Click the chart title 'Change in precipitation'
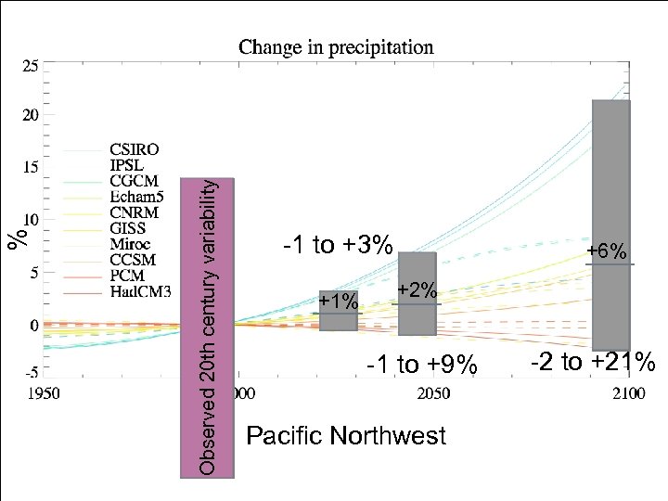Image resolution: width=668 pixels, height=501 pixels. pyautogui.click(x=336, y=46)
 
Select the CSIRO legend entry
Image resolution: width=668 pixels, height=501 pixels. pyautogui.click(x=134, y=149)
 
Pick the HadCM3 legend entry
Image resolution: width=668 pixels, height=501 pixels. pyautogui.click(x=140, y=293)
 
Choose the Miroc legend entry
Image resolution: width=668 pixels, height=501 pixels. pyautogui.click(x=132, y=245)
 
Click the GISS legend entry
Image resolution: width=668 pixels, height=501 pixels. pyautogui.click(x=129, y=229)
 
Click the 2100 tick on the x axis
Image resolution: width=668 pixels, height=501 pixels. pyautogui.click(x=628, y=393)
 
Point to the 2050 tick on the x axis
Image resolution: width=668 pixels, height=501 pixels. pyautogui.click(x=433, y=393)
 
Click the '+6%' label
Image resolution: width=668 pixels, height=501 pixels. pyautogui.click(x=609, y=252)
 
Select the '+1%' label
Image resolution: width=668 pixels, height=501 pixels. pyautogui.click(x=338, y=302)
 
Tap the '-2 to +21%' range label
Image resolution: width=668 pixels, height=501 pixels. pyautogui.click(x=594, y=361)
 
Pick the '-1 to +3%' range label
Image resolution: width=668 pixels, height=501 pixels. pyautogui.click(x=338, y=245)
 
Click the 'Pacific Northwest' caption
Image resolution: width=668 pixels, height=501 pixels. pyautogui.click(x=345, y=436)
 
